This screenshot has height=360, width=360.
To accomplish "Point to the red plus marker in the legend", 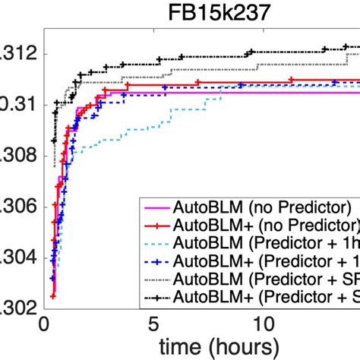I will pos(160,226).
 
